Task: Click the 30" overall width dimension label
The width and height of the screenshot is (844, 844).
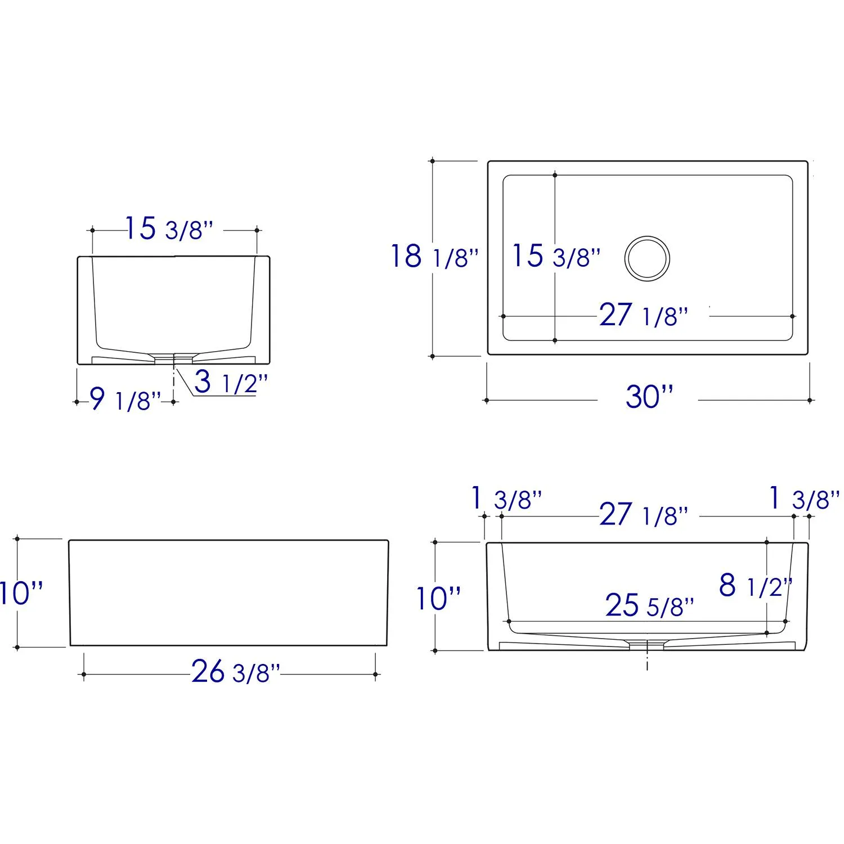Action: tap(649, 397)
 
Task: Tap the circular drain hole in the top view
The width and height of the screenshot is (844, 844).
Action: tap(647, 258)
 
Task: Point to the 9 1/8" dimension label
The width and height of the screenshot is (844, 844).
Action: tap(125, 400)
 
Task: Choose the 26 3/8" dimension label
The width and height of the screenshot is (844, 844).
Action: tap(235, 671)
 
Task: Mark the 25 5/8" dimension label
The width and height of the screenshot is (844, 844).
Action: tap(649, 606)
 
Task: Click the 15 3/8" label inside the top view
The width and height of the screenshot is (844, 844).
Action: tap(555, 256)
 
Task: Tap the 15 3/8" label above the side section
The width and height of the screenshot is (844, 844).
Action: tap(168, 229)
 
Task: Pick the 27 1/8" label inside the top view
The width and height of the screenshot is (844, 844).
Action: tap(643, 316)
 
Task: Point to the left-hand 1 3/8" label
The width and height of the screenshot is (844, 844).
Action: tap(506, 499)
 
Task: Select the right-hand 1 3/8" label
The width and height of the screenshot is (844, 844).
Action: tap(804, 499)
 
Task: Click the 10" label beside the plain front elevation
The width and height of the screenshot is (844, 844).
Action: tap(21, 593)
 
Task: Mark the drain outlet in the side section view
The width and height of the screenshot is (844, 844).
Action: tap(174, 358)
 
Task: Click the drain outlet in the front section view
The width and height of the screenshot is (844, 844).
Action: tap(647, 645)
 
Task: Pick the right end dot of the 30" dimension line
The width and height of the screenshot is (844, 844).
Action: tap(810, 401)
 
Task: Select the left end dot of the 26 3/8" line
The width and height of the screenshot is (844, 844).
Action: tap(84, 674)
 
